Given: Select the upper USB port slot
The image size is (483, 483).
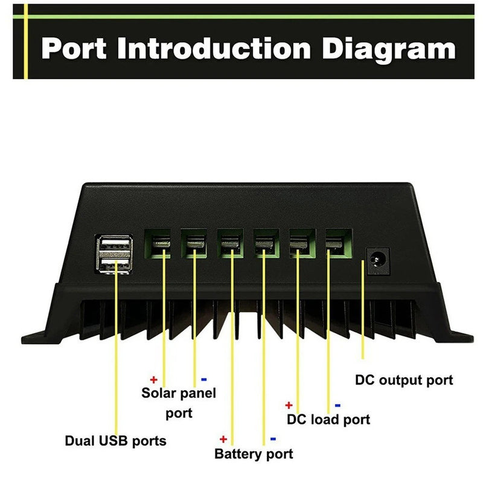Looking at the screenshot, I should tap(114, 245).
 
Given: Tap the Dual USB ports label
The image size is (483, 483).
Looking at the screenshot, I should tap(115, 441).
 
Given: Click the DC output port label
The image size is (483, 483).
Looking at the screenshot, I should tap(403, 380).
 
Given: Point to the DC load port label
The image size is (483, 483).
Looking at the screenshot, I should tap(328, 419).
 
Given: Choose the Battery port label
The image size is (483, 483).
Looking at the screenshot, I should tap(254, 454).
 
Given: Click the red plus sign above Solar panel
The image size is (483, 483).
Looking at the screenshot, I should tap(153, 380).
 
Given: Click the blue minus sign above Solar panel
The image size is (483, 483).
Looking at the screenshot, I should tap(203, 380).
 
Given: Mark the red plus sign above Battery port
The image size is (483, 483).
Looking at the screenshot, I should tap(223, 439).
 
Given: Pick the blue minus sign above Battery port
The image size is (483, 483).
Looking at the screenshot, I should tap(273, 439).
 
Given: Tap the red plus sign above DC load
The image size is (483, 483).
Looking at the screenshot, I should tap(289, 405).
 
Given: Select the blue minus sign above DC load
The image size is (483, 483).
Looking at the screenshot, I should tap(337, 405).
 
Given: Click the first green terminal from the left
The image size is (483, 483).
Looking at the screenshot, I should tap(158, 244).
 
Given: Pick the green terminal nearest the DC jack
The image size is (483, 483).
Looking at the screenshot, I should tap(338, 244).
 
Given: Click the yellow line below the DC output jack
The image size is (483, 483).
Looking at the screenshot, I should tap(362, 314).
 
